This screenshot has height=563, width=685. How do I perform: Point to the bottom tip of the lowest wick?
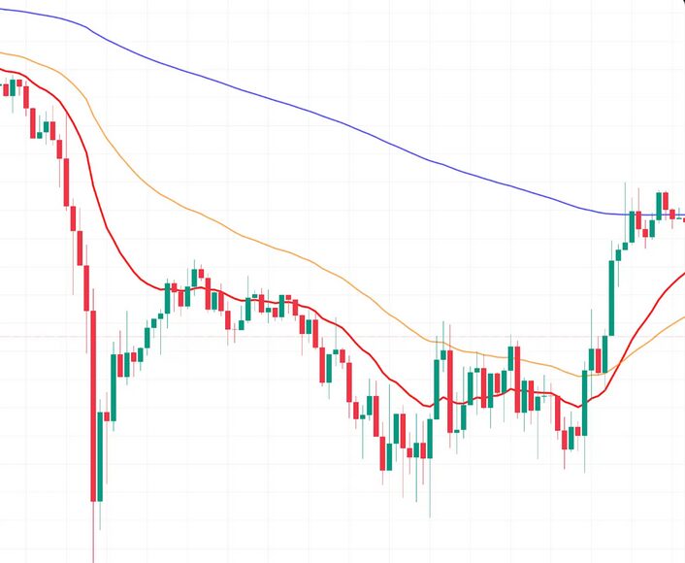pos(94,560)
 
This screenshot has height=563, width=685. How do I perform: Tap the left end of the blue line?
pos(1,10)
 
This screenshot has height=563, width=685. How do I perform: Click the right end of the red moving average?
pos(683,275)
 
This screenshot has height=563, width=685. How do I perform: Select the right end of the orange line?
pos(683,316)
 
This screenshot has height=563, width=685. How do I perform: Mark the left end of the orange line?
pos(1,51)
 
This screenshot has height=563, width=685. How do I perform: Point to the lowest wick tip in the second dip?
pos(430,515)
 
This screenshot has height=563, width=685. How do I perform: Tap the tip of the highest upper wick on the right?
pos(626,182)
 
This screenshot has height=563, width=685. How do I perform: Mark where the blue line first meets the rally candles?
pos(627,213)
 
